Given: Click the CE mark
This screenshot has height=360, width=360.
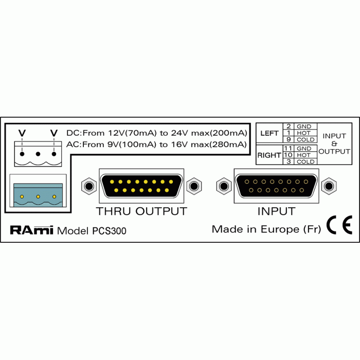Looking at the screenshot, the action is tap(339, 225).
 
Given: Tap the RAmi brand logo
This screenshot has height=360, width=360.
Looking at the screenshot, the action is tap(32, 230).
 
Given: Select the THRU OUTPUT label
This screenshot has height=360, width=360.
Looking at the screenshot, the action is tap(141, 211).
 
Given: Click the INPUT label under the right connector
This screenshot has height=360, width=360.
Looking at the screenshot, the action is tap(276, 211).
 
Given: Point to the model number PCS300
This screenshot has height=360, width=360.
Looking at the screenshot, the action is tap(109, 231).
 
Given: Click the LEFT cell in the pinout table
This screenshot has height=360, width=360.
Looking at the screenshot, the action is tap(269, 133).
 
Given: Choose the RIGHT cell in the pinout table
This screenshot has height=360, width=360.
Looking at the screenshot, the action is tap(269, 155).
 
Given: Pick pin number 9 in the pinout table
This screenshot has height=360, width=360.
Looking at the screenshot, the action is tap(289, 139).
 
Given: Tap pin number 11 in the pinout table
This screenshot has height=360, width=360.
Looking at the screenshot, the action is tap(288, 148).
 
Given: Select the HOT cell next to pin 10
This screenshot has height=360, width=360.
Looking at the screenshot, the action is tap(303, 155).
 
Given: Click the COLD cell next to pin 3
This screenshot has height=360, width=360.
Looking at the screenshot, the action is tap(305, 161).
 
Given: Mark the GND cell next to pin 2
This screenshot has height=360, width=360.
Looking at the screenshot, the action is tap(304, 127).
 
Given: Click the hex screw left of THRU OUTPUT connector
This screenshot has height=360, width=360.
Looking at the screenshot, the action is tap(89, 186).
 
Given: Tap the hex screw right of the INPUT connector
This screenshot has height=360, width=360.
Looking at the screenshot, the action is tap(329, 186).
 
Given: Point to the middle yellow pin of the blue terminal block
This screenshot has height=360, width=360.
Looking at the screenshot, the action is tap(38, 196).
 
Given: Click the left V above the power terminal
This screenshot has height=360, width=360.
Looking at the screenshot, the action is tap(22, 133).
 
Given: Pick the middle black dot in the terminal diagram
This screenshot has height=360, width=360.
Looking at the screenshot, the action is tap(38, 154).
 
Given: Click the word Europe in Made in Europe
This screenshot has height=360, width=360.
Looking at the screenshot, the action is tap(280, 229).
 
